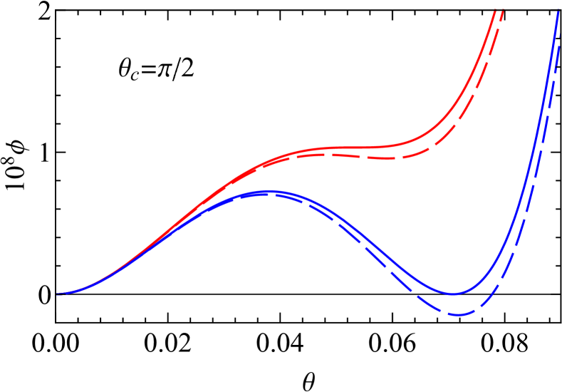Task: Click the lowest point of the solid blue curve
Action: coord(452,294)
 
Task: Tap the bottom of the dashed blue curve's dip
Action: coord(458,314)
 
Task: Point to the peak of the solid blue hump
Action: coord(269,191)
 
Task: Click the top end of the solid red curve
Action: coord(494,9)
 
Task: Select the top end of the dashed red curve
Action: coord(503,9)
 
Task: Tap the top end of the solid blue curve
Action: coord(558,9)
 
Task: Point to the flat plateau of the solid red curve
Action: coord(356,148)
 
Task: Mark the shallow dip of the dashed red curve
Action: coord(388,158)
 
